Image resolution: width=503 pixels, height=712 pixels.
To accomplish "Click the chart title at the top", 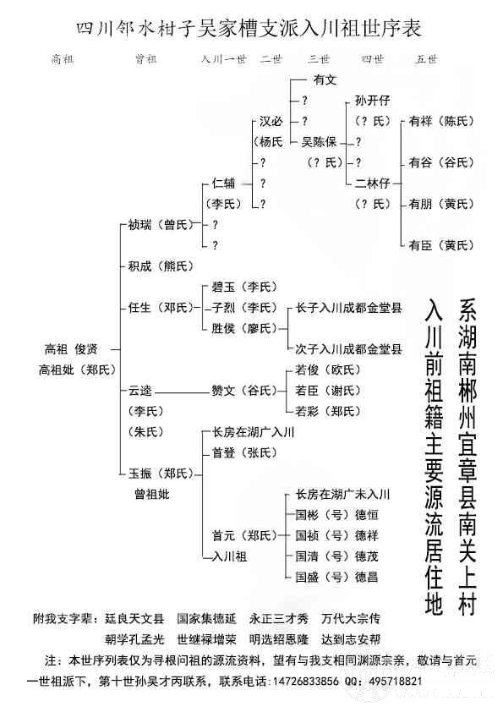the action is tap(249, 28).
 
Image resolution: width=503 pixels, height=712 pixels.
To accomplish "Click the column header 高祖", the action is tap(63, 59).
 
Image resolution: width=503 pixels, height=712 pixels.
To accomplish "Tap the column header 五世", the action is tap(426, 59).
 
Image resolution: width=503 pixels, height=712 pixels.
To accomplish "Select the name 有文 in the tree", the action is tap(325, 80).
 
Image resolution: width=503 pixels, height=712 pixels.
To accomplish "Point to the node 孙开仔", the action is tap(372, 101).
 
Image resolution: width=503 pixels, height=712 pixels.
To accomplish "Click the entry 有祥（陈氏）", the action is tap(440, 121).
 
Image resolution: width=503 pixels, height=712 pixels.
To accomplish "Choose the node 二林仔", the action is tap(372, 183).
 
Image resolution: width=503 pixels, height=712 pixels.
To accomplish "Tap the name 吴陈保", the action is tap(319, 142).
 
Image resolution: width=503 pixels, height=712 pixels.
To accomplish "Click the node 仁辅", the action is tap(223, 183).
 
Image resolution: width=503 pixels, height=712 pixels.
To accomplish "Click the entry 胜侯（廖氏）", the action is tap(244, 328).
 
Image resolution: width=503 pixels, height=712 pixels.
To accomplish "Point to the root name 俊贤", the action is tap(86, 349).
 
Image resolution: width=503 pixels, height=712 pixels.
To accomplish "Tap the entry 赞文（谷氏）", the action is tap(244, 391).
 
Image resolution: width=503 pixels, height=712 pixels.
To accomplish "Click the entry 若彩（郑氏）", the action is tap(328, 412).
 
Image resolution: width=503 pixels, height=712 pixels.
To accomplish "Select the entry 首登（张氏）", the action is tap(244, 452).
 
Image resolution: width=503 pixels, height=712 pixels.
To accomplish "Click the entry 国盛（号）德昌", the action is tap(336, 578).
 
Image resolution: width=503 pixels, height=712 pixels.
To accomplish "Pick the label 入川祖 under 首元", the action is tap(229, 556).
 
